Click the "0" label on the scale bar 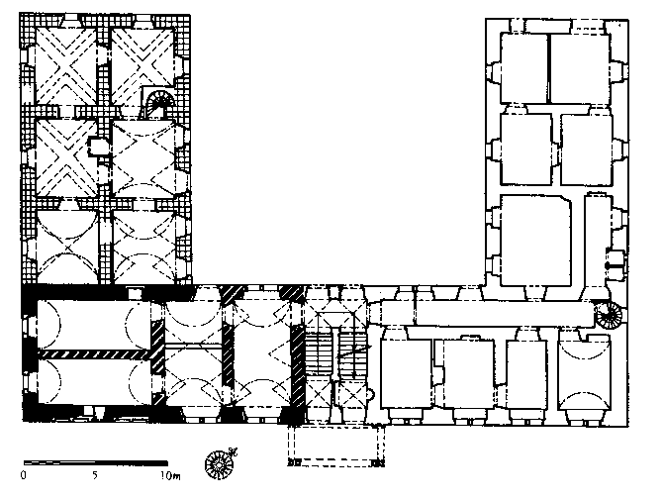pyautogui.click(x=24, y=475)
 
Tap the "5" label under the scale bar pyautogui.click(x=95, y=475)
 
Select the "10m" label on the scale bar pyautogui.click(x=170, y=475)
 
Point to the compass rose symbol pyautogui.click(x=220, y=463)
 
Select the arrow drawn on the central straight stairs pyautogui.click(x=354, y=352)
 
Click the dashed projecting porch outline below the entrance pyautogui.click(x=336, y=446)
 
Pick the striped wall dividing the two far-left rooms pyautogui.click(x=94, y=353)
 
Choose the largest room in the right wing pyautogui.click(x=535, y=241)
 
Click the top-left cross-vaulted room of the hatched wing pyautogui.click(x=66, y=65)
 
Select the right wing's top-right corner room pyautogui.click(x=580, y=69)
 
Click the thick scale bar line pyautogui.click(x=96, y=463)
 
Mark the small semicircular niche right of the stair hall pyautogui.click(x=372, y=395)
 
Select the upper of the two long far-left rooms pyautogui.click(x=94, y=325)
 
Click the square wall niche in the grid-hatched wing pyautogui.click(x=94, y=147)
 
